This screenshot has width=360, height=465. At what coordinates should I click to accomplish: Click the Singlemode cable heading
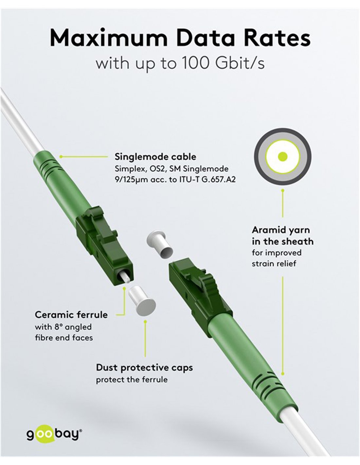pos(155,157)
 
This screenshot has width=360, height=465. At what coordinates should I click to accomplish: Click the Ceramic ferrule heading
pos(71,315)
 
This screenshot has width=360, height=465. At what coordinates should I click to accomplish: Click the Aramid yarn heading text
pos(281,230)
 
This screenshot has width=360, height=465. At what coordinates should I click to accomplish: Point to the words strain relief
pos(274,264)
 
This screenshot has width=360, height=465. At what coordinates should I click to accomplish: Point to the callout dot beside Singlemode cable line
pos(61,157)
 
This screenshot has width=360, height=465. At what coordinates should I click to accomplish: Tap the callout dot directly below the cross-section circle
pos(283,190)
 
